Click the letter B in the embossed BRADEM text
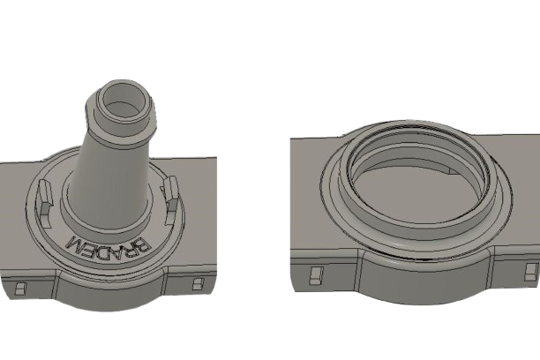[x=143, y=244]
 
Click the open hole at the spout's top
[x=125, y=100]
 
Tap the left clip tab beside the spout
[x=45, y=197]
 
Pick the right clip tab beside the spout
[x=171, y=198]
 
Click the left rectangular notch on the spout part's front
[x=20, y=289]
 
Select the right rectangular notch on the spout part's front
[x=198, y=284]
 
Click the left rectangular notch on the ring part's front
[x=316, y=275]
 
